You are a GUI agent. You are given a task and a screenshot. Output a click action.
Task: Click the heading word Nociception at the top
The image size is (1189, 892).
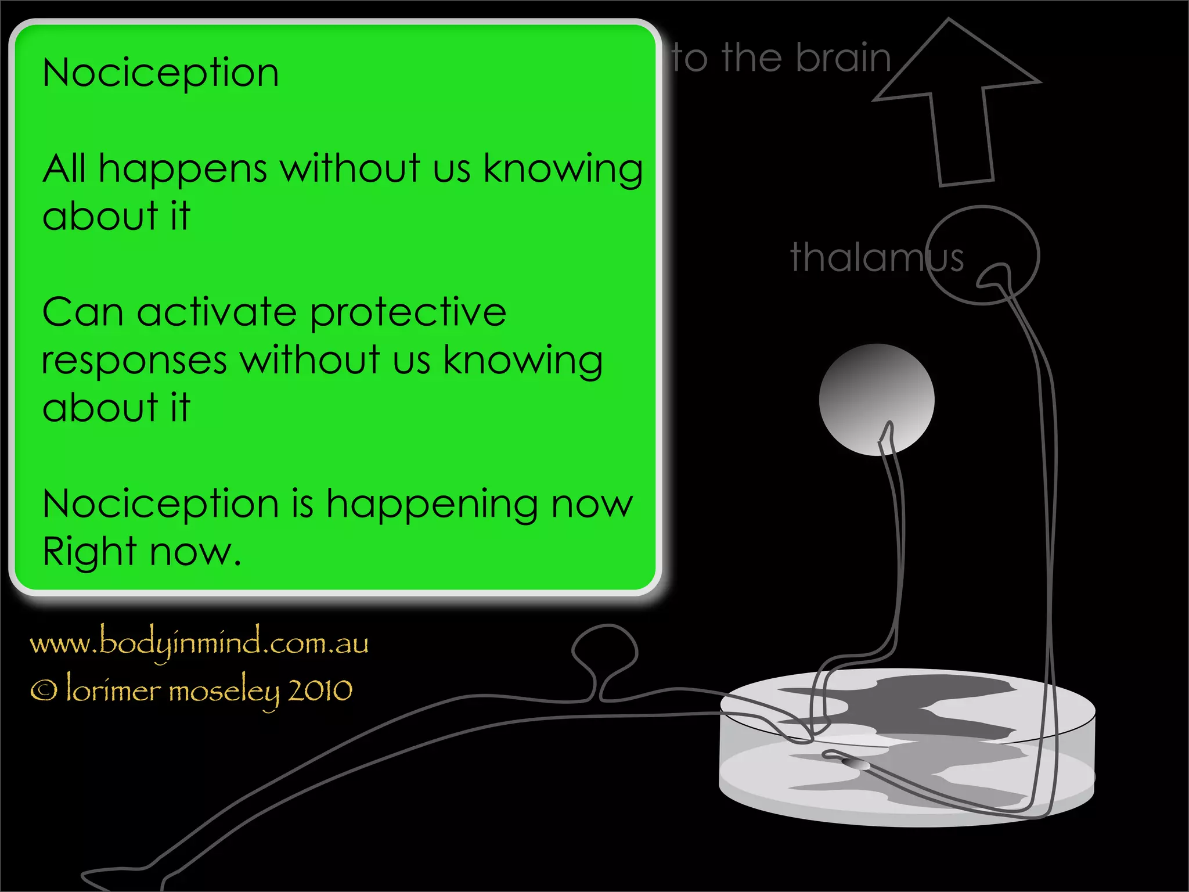(161, 74)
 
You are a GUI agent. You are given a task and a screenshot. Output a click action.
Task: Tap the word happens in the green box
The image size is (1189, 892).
(183, 170)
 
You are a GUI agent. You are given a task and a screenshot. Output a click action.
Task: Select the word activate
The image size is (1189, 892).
(217, 313)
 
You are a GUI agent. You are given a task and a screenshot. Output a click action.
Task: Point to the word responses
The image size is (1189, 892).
(134, 361)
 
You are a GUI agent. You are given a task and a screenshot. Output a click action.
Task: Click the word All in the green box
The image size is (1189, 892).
(64, 169)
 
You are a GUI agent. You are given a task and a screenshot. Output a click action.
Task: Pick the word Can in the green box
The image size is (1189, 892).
(82, 313)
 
